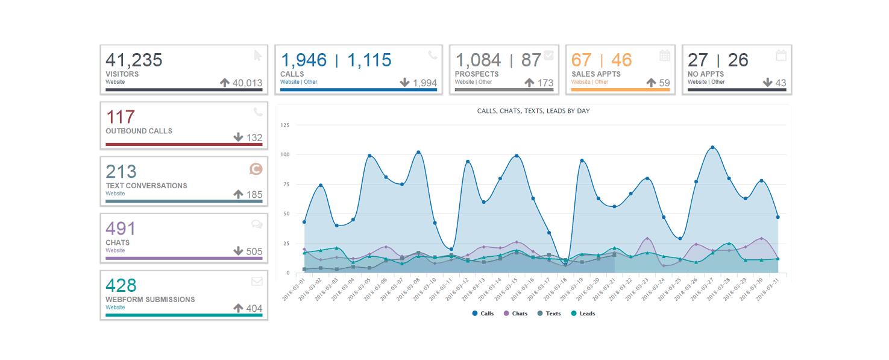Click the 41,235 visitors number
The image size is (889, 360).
[x=134, y=60]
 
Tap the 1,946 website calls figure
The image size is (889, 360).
[x=304, y=60]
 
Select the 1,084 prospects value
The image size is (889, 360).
[x=478, y=60]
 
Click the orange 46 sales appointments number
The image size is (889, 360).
[x=621, y=60]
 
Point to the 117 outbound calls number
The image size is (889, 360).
[x=120, y=116]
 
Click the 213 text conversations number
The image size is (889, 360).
[x=121, y=171]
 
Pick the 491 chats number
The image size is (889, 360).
[x=121, y=229]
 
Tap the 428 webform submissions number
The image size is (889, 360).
[x=121, y=285]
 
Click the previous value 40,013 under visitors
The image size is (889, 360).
[x=247, y=83]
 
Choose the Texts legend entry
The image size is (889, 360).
[x=549, y=314]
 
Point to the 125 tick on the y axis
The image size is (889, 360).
[x=285, y=125]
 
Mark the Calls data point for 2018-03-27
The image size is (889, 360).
[x=712, y=147]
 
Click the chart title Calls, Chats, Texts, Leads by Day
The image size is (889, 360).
[x=533, y=111]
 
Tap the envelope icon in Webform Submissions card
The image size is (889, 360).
[x=257, y=281]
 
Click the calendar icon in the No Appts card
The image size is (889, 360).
[x=781, y=55]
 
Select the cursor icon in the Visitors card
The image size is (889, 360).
[x=258, y=55]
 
